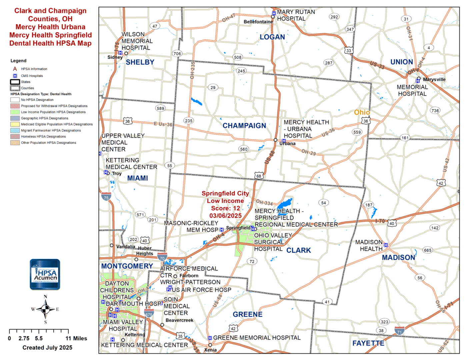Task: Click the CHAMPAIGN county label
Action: [244, 126]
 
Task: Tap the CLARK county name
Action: [298, 250]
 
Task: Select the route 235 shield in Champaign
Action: [189, 121]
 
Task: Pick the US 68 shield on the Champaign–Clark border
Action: [259, 176]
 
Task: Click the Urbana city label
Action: [287, 144]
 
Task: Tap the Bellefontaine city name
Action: [258, 22]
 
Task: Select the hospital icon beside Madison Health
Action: [386, 245]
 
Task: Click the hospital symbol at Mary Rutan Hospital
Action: [274, 13]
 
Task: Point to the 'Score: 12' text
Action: [225, 208]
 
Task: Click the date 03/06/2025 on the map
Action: [225, 216]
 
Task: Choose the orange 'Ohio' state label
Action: [362, 112]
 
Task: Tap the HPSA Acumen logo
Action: [45, 274]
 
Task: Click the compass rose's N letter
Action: [46, 297]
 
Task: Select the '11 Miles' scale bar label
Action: [76, 338]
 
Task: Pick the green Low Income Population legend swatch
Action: [15, 112]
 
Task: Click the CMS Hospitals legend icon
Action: [15, 76]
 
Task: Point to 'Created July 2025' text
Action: [47, 347]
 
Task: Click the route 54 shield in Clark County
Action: [323, 203]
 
